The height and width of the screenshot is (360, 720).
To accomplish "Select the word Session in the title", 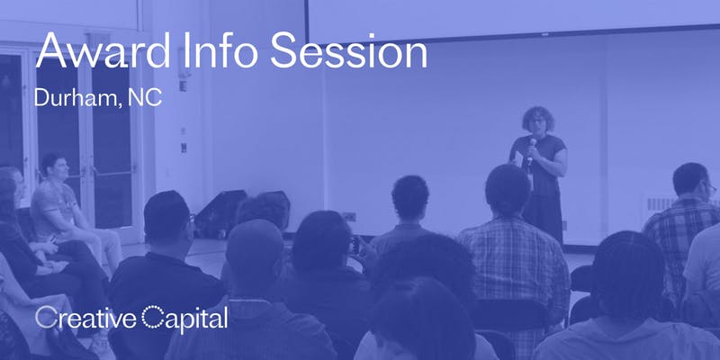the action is [x=349, y=50].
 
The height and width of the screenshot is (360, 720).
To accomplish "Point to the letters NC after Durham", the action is [x=145, y=97].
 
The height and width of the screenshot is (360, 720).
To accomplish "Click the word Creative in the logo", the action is [x=85, y=318].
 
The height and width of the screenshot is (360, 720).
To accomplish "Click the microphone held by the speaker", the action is [x=531, y=149].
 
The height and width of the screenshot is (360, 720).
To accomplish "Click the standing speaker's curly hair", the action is [x=537, y=118].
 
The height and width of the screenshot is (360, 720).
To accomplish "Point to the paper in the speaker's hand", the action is [x=518, y=159].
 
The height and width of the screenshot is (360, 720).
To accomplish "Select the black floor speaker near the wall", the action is [x=220, y=213].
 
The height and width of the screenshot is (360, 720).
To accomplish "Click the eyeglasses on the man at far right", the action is [x=710, y=188].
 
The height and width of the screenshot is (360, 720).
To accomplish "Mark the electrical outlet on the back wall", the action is [x=349, y=216].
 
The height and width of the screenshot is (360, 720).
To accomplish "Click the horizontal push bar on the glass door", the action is [x=115, y=171].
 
